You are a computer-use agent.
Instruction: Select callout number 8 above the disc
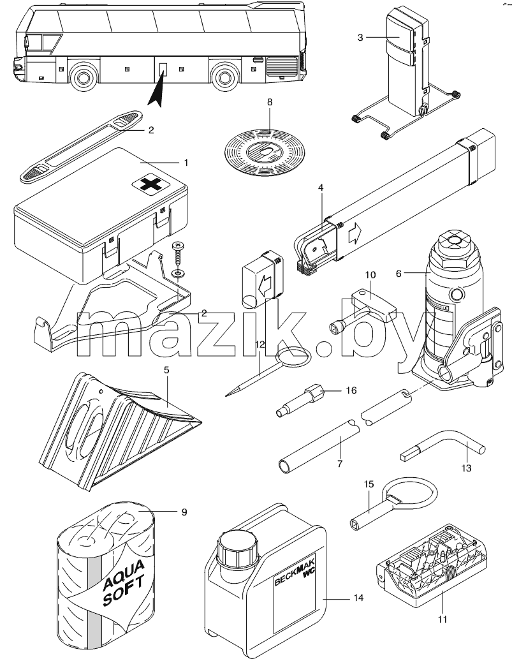(270, 101)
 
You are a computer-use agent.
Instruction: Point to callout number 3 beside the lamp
(360, 38)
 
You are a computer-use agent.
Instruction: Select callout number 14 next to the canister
(359, 597)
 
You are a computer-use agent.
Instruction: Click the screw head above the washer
(179, 244)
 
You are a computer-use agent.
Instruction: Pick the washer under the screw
(179, 273)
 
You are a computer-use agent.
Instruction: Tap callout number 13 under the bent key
(466, 468)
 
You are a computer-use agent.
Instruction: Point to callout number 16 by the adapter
(351, 390)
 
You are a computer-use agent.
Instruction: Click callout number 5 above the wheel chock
(166, 370)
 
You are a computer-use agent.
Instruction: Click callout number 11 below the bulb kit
(443, 619)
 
